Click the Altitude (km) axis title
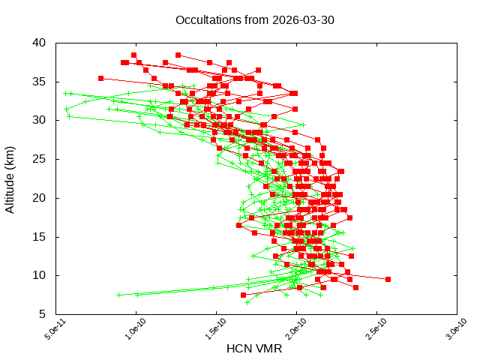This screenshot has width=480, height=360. [x=10, y=178]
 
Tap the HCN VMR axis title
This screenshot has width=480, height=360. [x=255, y=348]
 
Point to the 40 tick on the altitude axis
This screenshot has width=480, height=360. [x=40, y=42]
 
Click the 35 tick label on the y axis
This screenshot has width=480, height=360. [x=40, y=81]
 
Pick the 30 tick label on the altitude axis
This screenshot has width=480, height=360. [x=40, y=120]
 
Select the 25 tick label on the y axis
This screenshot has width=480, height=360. [x=40, y=159]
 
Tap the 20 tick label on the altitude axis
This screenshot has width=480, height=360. [x=40, y=198]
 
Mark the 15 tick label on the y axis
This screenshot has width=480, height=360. [x=40, y=237]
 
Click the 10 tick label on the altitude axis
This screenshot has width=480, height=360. [x=40, y=275]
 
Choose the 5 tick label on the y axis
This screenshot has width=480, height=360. [x=43, y=314]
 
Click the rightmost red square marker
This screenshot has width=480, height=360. [x=388, y=279]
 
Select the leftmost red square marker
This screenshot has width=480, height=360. [x=100, y=78]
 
